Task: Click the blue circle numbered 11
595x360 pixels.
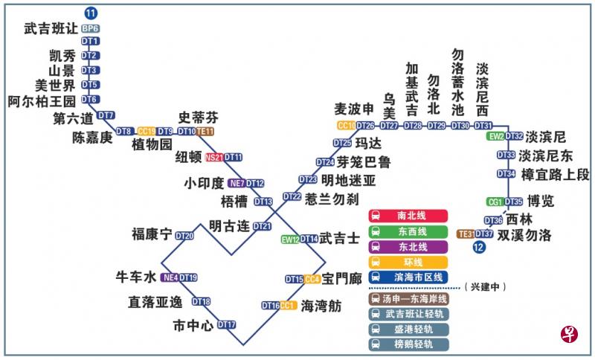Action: point(91,13)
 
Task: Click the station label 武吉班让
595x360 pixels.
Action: point(51,28)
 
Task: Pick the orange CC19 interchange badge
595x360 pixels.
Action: point(147,131)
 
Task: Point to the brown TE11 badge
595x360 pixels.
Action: point(205,132)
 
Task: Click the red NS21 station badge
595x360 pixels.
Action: point(214,157)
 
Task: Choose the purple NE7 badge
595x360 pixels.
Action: point(237,183)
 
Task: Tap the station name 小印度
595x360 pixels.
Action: point(204,183)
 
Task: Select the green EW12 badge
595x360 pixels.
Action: point(289,239)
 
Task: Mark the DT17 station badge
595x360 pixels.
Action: point(227,324)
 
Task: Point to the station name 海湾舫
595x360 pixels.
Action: point(321,305)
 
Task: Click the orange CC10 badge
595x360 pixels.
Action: point(346,125)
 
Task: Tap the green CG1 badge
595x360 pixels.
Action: point(495,202)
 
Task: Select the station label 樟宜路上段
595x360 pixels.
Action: point(556,174)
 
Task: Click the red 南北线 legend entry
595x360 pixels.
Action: point(409,215)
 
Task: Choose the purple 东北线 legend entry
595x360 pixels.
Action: point(409,246)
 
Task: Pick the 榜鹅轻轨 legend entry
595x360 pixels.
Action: point(409,344)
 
